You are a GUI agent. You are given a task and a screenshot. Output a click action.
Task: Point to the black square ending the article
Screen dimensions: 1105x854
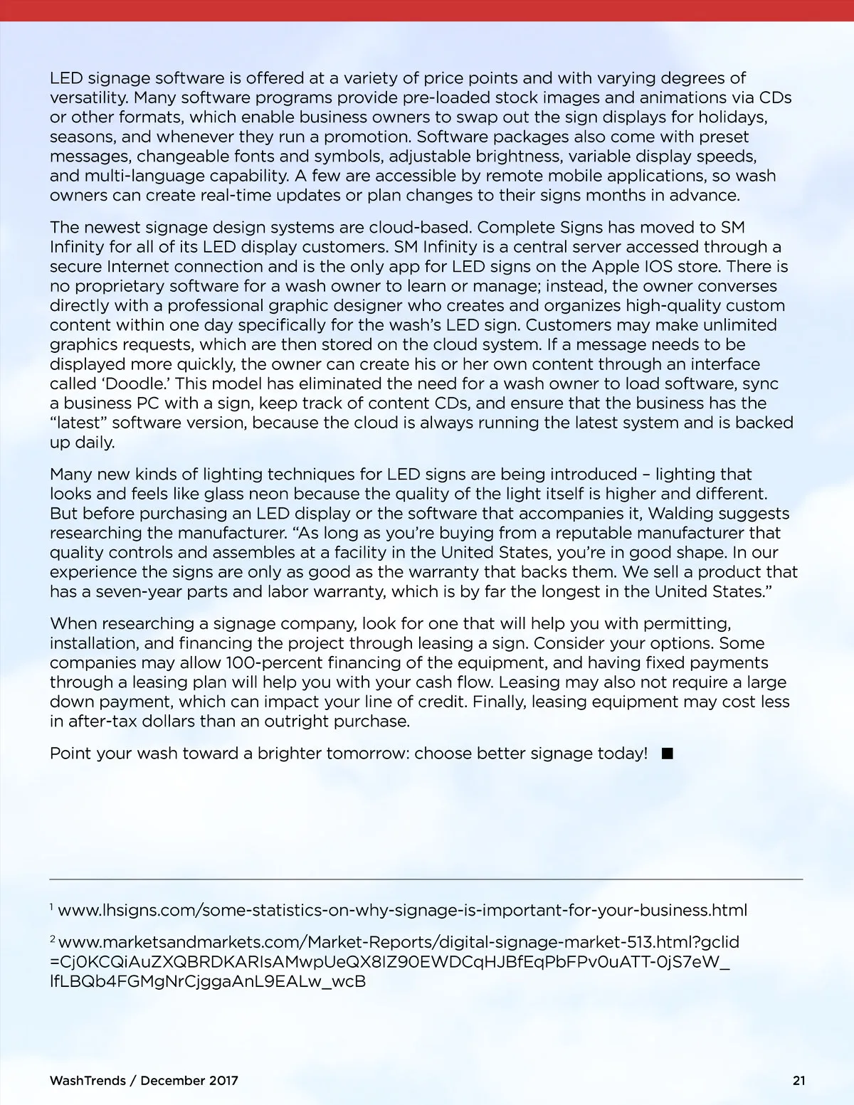pyautogui.click(x=667, y=754)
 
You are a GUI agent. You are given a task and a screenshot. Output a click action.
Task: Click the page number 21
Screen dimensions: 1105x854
pyautogui.click(x=799, y=1080)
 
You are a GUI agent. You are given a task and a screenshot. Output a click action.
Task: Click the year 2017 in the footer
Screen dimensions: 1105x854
pyautogui.click(x=223, y=1080)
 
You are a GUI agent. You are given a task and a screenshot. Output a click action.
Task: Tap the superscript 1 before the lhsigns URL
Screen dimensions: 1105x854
pyautogui.click(x=52, y=906)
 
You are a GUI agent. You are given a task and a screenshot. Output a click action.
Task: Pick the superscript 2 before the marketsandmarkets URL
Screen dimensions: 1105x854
pyautogui.click(x=53, y=939)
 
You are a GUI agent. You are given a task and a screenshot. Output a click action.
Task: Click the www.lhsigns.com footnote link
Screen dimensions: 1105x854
pyautogui.click(x=402, y=910)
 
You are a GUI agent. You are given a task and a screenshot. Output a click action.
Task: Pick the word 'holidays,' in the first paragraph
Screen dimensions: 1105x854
pyautogui.click(x=732, y=117)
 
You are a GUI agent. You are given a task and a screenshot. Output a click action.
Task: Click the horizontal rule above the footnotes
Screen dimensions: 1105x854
pyautogui.click(x=426, y=879)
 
